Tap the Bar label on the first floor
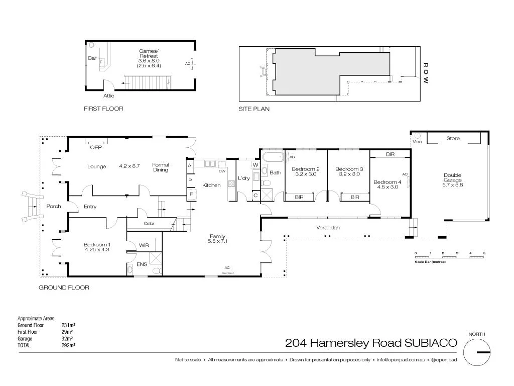92,58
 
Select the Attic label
109,95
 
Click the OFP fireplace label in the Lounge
95,148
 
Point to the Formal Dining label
161,167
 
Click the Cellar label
149,223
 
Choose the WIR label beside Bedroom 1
144,245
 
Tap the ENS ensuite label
142,264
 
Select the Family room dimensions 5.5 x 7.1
217,241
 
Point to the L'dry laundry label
244,178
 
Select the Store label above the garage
453,138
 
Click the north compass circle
476,352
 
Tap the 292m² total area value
68,345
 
